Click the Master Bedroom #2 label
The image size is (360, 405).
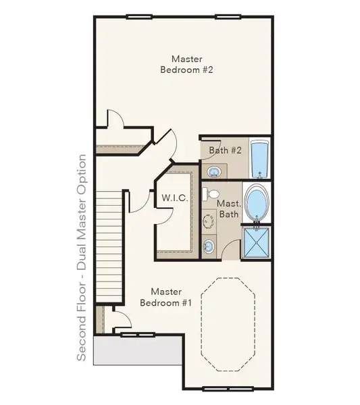(186, 64)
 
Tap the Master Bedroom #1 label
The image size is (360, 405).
(166, 297)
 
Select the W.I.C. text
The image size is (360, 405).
(175, 198)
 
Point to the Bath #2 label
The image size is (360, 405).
(225, 150)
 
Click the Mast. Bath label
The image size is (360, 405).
(229, 209)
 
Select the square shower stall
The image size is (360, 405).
(257, 243)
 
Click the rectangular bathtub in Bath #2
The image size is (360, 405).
(259, 159)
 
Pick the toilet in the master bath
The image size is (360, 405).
(211, 194)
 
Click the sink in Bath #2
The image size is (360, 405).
(214, 171)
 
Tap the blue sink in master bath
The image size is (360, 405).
(209, 246)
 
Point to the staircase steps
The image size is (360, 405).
(109, 246)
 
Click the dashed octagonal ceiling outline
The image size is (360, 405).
(228, 325)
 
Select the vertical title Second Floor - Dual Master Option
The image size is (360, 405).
(82, 258)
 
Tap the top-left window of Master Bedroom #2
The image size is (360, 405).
(138, 17)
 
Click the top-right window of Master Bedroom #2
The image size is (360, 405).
(228, 17)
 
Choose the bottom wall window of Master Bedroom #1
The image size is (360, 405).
(228, 389)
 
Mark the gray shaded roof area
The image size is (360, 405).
(138, 350)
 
